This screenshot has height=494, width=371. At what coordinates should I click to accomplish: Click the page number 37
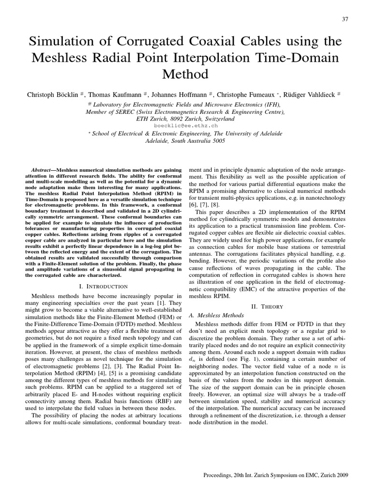pyautogui.click(x=344, y=19)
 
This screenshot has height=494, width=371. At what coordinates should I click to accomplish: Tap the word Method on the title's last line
pyautogui.click(x=185, y=74)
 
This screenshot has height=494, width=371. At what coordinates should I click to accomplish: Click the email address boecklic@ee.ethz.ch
pyautogui.click(x=185, y=125)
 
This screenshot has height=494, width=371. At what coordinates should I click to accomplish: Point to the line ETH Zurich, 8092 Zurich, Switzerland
pyautogui.click(x=185, y=119)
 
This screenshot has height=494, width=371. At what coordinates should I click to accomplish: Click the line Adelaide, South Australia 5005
pyautogui.click(x=185, y=141)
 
